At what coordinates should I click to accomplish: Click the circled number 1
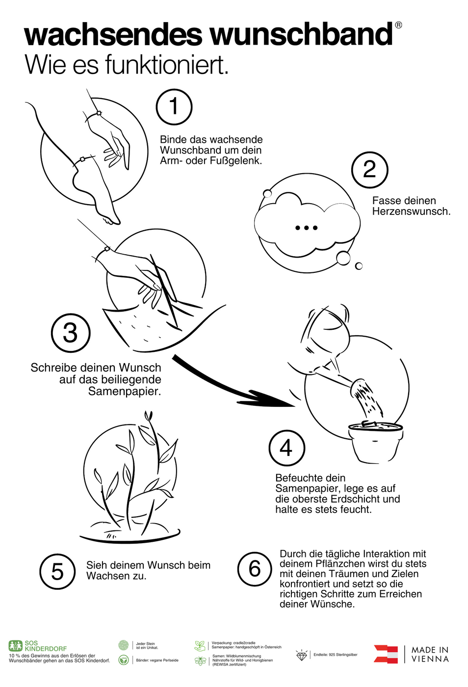174,107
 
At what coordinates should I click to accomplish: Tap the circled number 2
369,170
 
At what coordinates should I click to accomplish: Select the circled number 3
71,333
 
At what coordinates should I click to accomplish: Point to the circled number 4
287,448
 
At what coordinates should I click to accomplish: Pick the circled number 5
57,571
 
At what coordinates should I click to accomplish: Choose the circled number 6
255,569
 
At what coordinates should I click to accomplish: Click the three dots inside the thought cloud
306,228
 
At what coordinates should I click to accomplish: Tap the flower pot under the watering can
375,443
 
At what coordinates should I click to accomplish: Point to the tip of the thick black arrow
294,406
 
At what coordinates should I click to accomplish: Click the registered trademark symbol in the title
398,25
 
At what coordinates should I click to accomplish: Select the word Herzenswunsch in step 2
411,211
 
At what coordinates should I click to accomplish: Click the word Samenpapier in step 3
125,392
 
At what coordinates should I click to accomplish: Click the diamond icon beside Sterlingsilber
302,655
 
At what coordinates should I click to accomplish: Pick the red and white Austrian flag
386,654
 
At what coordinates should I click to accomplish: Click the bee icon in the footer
200,661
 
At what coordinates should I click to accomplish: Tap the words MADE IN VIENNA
430,654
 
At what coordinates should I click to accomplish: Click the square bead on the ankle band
82,159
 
